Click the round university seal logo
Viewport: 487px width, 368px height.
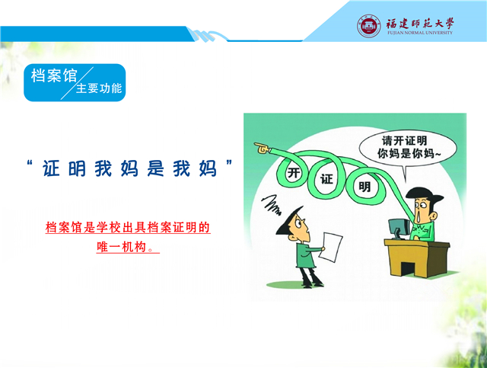point(368,26)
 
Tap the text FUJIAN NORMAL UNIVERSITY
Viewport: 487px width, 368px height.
point(420,33)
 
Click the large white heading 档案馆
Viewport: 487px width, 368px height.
point(54,75)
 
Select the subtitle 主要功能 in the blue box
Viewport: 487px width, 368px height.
point(99,88)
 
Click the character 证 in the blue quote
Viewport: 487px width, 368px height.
point(51,168)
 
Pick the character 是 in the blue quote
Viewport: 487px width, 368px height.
point(155,168)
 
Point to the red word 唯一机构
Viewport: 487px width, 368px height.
point(122,247)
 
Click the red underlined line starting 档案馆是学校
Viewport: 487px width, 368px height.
point(128,227)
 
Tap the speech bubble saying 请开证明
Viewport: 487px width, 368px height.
point(408,149)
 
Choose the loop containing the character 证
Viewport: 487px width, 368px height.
point(326,178)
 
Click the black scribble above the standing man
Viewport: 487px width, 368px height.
point(271,205)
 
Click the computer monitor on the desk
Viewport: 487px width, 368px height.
point(398,229)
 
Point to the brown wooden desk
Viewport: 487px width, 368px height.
point(417,258)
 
